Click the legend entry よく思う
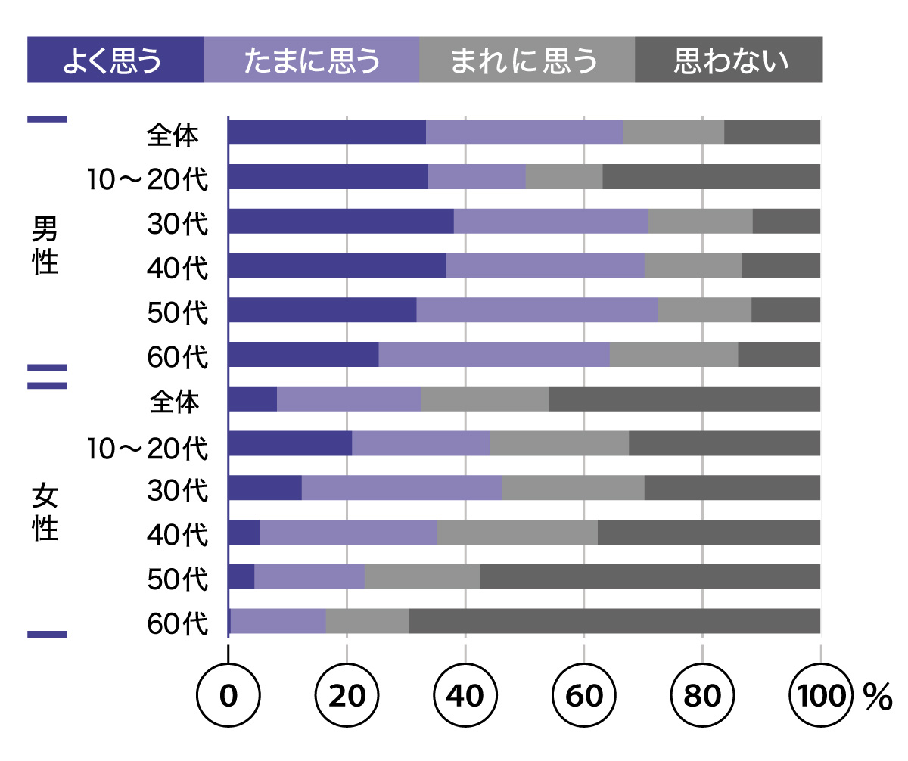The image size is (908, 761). [x=115, y=60]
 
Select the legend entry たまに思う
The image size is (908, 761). [x=311, y=60]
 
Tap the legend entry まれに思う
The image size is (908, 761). [x=527, y=60]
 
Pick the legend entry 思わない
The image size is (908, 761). [x=729, y=60]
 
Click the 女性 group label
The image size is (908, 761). [x=45, y=513]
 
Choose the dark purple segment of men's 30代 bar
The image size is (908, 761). [x=340, y=221]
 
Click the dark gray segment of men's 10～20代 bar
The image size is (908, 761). [x=711, y=176]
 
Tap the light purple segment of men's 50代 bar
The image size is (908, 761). [x=537, y=310]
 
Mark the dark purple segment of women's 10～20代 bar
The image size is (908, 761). [x=290, y=443]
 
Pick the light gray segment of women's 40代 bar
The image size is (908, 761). [x=518, y=533]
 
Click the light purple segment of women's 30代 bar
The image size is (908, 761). [x=402, y=488]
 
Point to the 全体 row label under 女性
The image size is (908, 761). [x=175, y=402]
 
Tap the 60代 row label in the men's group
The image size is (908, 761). [x=178, y=356]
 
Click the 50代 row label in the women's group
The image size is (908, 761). [x=178, y=579]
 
